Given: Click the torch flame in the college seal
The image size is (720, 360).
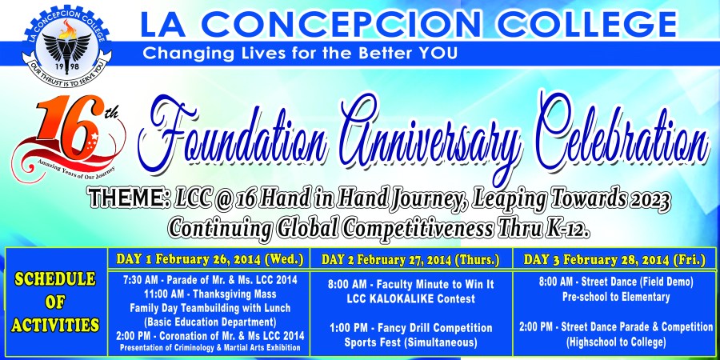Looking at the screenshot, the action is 68,30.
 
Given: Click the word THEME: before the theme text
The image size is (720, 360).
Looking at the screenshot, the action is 128,199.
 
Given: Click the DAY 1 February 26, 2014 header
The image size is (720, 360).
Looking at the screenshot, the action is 209,259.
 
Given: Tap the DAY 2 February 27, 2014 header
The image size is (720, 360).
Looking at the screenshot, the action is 410,260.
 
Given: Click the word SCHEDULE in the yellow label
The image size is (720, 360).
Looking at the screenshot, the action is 55,278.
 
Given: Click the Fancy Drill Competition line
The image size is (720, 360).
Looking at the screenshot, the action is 411,328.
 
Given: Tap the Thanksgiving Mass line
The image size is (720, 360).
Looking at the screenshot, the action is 210,293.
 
